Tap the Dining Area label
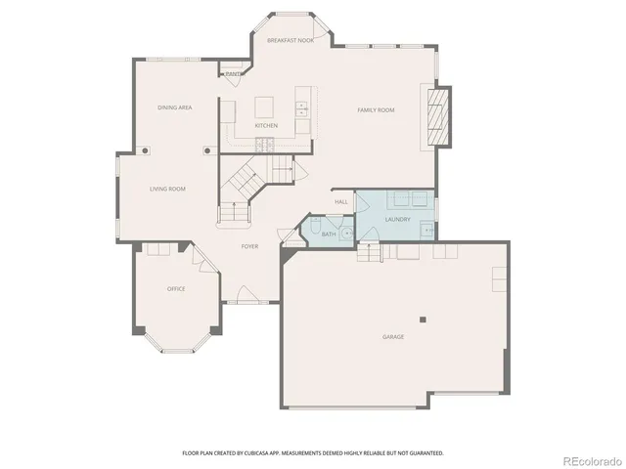coord(174,107)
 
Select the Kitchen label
coord(266,125)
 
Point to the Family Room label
coord(376,110)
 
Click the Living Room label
coord(167,189)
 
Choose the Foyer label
coord(250,246)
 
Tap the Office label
coord(176,288)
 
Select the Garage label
coord(393,337)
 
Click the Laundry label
coord(397,219)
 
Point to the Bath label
coord(329,234)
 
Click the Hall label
coord(341,202)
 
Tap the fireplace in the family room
coord(437,116)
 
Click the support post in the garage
coord(423,319)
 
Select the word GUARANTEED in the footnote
coord(425,453)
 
